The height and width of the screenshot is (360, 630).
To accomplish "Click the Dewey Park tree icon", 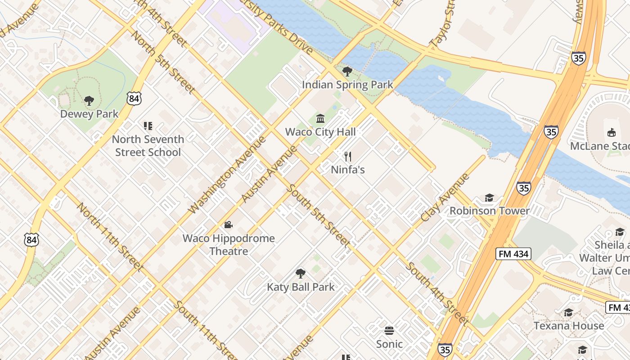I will pos(89,101).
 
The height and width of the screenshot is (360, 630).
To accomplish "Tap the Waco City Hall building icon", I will pos(320,119).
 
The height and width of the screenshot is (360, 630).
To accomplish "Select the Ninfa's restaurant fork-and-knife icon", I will pos(347,157).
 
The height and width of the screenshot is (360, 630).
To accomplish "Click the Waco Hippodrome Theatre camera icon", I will pos(228,225).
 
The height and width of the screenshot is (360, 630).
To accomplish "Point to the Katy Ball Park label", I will pos(301,287).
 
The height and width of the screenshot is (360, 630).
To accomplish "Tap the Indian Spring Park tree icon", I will pos(347,71).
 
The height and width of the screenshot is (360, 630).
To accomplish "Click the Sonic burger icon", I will pos(389,331).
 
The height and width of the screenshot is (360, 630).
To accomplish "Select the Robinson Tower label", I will pos(490,211).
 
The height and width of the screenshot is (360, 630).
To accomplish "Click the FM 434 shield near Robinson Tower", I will pos(513,254).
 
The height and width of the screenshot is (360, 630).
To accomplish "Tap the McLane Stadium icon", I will pos(611,133).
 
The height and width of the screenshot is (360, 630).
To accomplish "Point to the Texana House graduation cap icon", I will pos(568,313).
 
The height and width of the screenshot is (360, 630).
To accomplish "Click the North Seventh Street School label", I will pos(148,146).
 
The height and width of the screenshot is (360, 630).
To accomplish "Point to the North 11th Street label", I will pos(110,237).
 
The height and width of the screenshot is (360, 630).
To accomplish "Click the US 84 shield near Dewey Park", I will pos(134,99).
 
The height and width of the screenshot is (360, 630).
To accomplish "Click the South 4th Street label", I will pos(436,293).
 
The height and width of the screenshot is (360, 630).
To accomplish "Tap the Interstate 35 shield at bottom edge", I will pos(445,349).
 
